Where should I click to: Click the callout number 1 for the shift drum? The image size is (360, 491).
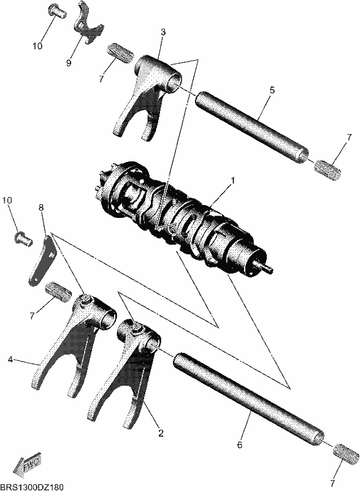coord(232,181)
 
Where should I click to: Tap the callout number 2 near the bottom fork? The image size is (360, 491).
coord(161,433)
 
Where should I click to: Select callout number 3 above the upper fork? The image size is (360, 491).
coord(163,32)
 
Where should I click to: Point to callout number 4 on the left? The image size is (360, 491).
coord(10,360)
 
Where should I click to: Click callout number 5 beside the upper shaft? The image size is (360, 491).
coord(272,90)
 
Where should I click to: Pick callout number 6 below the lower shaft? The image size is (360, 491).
coord(240,444)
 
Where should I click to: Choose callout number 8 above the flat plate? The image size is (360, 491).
coord(41,207)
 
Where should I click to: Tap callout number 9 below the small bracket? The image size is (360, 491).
coord(69,63)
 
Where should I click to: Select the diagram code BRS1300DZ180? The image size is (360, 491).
coord(32,487)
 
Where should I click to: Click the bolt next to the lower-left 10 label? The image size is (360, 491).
coord(23,239)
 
